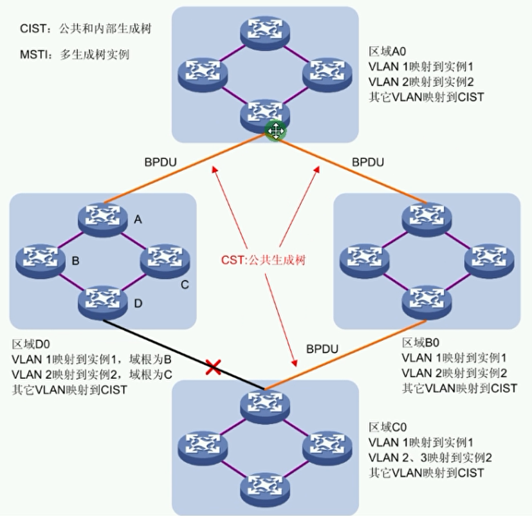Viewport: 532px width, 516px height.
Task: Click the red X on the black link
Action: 214,367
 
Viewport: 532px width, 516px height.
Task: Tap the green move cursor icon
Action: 276,131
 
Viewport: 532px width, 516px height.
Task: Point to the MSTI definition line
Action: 74,55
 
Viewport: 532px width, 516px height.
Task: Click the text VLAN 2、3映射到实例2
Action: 430,457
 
